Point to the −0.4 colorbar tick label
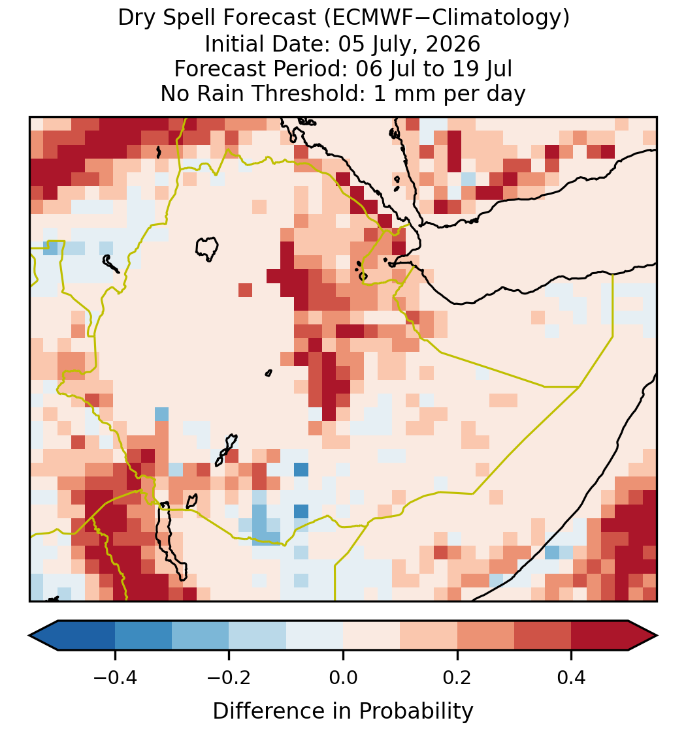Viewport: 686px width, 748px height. click(115, 678)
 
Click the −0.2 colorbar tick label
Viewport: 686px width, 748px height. click(229, 678)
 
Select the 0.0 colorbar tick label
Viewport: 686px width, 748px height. click(343, 678)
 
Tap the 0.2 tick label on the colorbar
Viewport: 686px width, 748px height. click(457, 678)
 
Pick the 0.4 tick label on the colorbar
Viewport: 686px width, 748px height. click(572, 678)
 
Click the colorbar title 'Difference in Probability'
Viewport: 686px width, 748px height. click(343, 711)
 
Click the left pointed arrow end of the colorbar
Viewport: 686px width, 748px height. click(44, 636)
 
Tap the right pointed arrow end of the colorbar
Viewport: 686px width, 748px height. click(643, 636)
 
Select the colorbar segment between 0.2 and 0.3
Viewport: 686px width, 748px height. click(485, 636)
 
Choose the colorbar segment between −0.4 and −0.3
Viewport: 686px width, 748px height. click(143, 636)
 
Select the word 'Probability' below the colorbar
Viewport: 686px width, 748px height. click(416, 711)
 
